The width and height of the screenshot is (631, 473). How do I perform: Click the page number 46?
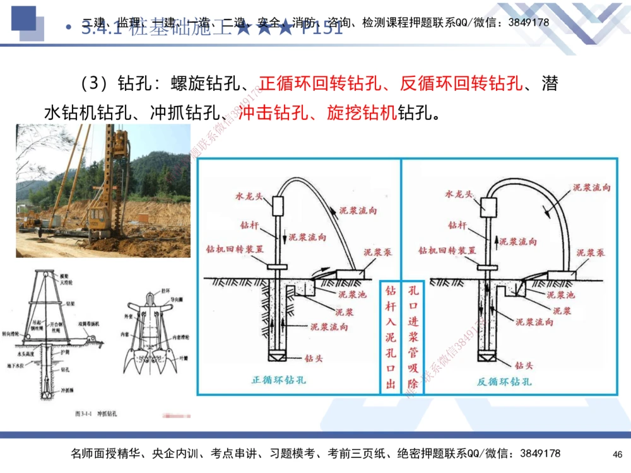(617, 454)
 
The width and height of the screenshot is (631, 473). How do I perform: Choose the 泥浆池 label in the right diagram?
(560, 295)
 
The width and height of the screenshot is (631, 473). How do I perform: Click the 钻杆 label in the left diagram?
(249, 225)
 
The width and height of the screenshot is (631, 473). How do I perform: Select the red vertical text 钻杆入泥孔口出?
(391, 337)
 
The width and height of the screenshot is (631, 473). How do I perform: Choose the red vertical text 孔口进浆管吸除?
(413, 337)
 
